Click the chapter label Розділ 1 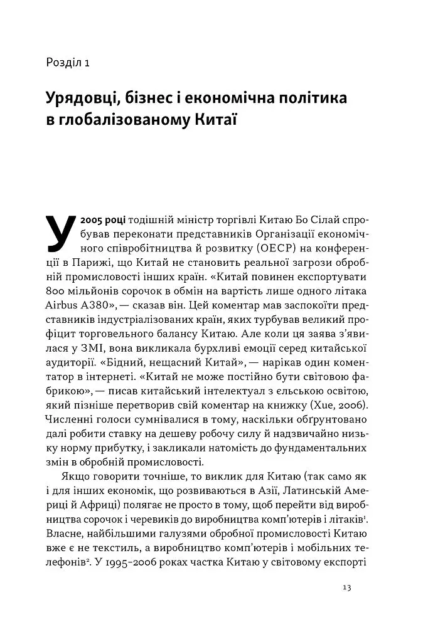(x=69, y=62)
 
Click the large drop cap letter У (x=62, y=234)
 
